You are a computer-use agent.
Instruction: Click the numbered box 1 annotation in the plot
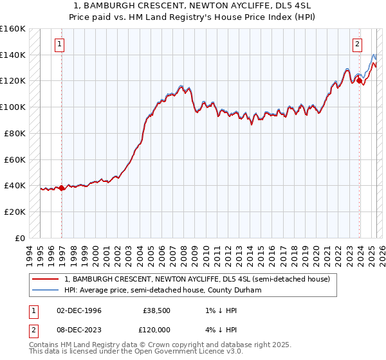coord(59,44)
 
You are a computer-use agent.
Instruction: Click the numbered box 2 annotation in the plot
coord(356,44)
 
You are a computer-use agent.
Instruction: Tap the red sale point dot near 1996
coord(62,188)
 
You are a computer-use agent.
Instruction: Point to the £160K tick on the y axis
coord(13,29)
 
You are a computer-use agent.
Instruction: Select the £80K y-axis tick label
coord(15,133)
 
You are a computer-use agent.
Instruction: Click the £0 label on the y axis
coord(20,238)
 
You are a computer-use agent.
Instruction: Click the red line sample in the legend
coord(46,279)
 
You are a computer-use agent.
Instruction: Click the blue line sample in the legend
coord(46,290)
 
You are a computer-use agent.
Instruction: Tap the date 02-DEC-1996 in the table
coord(79,310)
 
